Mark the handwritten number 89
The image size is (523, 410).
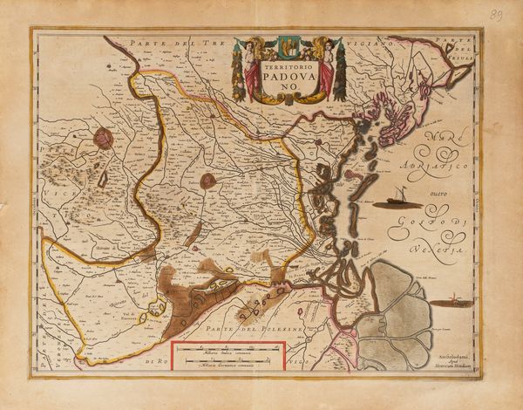[497, 15]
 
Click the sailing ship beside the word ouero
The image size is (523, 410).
[398, 200]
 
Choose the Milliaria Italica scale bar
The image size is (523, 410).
[229, 352]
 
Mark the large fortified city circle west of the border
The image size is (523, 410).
[105, 138]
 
